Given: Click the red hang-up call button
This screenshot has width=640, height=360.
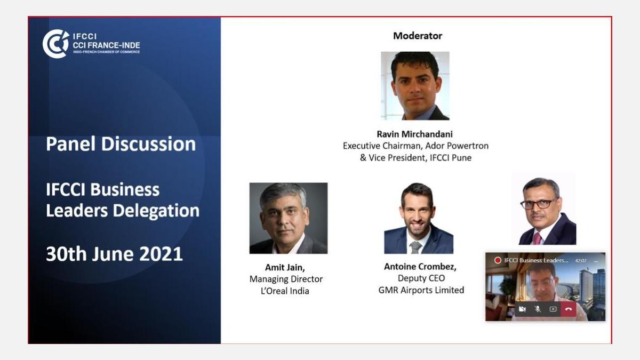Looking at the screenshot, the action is [x=569, y=309].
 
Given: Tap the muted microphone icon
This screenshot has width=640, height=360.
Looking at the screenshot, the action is [x=538, y=309].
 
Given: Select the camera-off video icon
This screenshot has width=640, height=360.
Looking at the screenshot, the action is [x=522, y=309].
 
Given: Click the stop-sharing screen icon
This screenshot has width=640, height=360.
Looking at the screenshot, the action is [x=553, y=309].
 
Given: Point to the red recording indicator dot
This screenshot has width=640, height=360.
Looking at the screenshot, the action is [x=498, y=260].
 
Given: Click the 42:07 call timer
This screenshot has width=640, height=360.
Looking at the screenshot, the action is [x=581, y=261].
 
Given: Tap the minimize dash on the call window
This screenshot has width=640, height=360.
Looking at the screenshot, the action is [x=596, y=261].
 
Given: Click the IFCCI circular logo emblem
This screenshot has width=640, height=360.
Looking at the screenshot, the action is [x=56, y=44].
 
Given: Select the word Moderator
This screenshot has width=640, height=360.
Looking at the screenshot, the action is [x=418, y=36].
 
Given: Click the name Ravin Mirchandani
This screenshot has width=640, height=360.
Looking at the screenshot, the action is [x=414, y=134].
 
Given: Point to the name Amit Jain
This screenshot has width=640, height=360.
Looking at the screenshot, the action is [x=285, y=267].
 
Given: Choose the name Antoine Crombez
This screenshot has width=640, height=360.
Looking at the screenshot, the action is [x=420, y=267].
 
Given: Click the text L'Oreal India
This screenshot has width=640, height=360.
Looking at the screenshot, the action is [x=285, y=291].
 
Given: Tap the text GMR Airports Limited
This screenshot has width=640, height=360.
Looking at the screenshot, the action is [x=421, y=290].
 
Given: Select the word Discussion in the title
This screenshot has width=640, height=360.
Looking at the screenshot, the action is [x=149, y=143].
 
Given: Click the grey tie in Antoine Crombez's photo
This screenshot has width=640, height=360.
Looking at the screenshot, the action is [x=415, y=247].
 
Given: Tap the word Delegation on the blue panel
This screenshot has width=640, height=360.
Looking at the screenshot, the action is [x=156, y=211].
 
